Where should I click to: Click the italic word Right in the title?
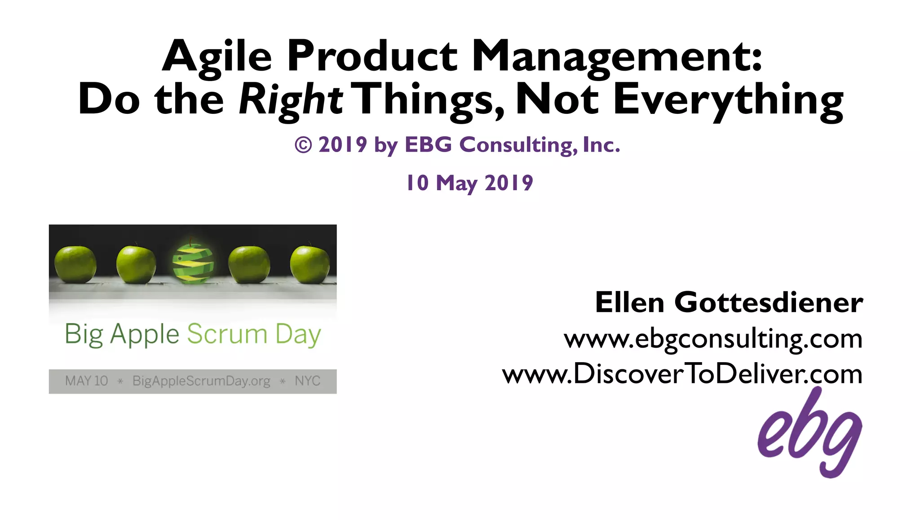pos(291,100)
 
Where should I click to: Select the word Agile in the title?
pos(217,57)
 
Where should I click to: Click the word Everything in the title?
pos(728,100)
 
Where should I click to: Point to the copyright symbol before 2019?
pos(303,145)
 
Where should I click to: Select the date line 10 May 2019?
pos(469,183)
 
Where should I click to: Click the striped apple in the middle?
pos(193,264)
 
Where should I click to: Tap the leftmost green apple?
pos(75,264)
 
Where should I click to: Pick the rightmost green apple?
pos(310,264)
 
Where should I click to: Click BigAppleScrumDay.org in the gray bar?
pos(201,381)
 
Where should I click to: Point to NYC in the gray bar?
pos(307,381)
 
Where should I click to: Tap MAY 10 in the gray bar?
pos(86,381)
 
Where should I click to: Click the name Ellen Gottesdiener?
pos(729,302)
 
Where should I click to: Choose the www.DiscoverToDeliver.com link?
pos(682,374)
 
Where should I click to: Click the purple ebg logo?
pos(809,434)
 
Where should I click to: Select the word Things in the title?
pos(430,100)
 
